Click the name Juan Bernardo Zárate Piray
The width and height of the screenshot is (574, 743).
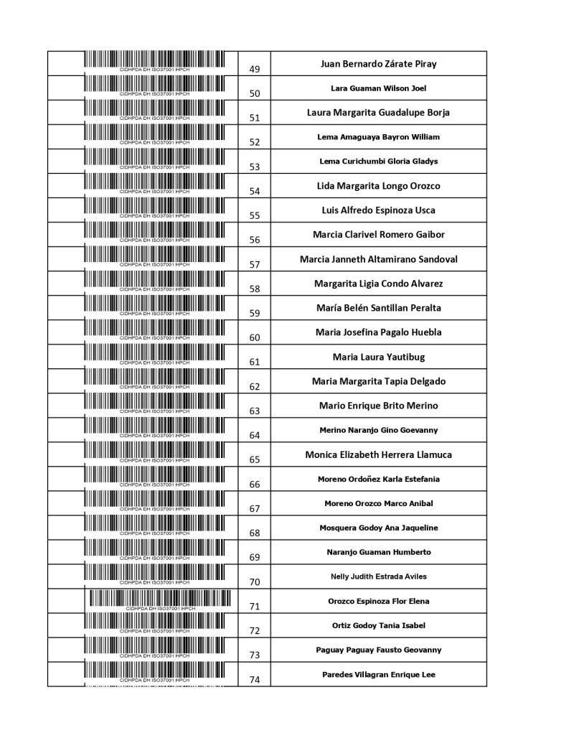click(x=378, y=64)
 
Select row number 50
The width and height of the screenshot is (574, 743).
click(x=255, y=93)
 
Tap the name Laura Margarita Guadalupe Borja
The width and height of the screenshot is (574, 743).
click(x=378, y=113)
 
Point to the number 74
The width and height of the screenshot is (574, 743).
click(x=255, y=679)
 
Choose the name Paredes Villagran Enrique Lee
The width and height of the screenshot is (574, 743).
click(x=378, y=674)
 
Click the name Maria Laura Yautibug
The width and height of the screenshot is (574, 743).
click(x=378, y=357)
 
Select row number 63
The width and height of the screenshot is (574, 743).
click(x=255, y=411)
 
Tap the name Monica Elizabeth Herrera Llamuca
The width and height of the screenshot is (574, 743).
click(x=378, y=454)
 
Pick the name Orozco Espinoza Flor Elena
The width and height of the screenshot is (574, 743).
click(x=378, y=601)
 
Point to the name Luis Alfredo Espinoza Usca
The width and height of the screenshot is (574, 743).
click(x=378, y=210)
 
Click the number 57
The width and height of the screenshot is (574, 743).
click(x=255, y=264)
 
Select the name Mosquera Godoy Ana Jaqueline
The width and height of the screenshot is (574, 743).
click(x=378, y=528)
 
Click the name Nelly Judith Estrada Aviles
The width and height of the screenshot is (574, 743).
click(x=378, y=576)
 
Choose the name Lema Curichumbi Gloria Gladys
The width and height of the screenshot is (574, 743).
click(x=378, y=162)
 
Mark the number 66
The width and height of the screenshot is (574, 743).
click(x=255, y=484)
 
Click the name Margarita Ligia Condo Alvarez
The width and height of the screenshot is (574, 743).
click(x=378, y=284)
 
